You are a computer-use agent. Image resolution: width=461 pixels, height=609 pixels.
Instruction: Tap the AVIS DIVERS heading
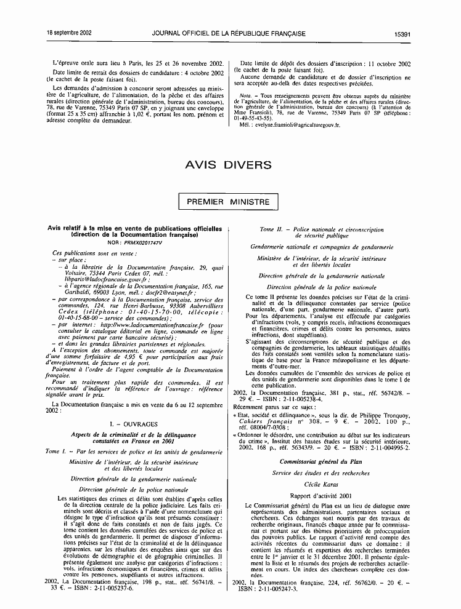point(229,165)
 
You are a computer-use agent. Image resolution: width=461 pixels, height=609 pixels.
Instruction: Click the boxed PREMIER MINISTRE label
point(229,202)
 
